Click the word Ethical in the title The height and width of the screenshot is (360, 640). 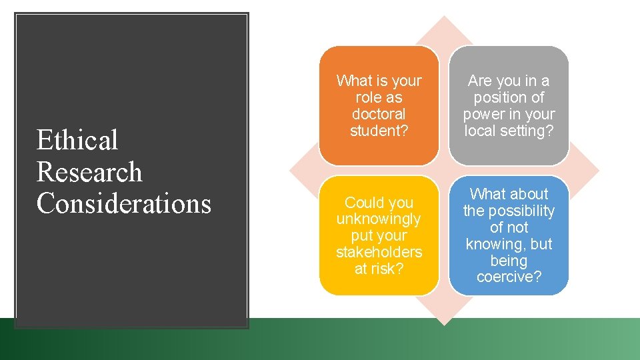pos(77,141)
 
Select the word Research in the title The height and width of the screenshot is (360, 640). pos(89,172)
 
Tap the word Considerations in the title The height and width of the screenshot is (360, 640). pos(124,203)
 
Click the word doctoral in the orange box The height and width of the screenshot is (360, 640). pos(379,114)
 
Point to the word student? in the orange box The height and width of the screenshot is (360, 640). pos(379,131)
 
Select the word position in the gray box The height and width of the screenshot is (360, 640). pos(509,97)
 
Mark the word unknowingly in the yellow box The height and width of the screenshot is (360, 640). pos(379,219)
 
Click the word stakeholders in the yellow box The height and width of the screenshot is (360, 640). pos(379,252)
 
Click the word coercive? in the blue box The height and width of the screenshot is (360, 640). pos(509,277)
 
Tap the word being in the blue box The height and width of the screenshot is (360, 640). pos(509,261)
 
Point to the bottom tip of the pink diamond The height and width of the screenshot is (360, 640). pos(444,324)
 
